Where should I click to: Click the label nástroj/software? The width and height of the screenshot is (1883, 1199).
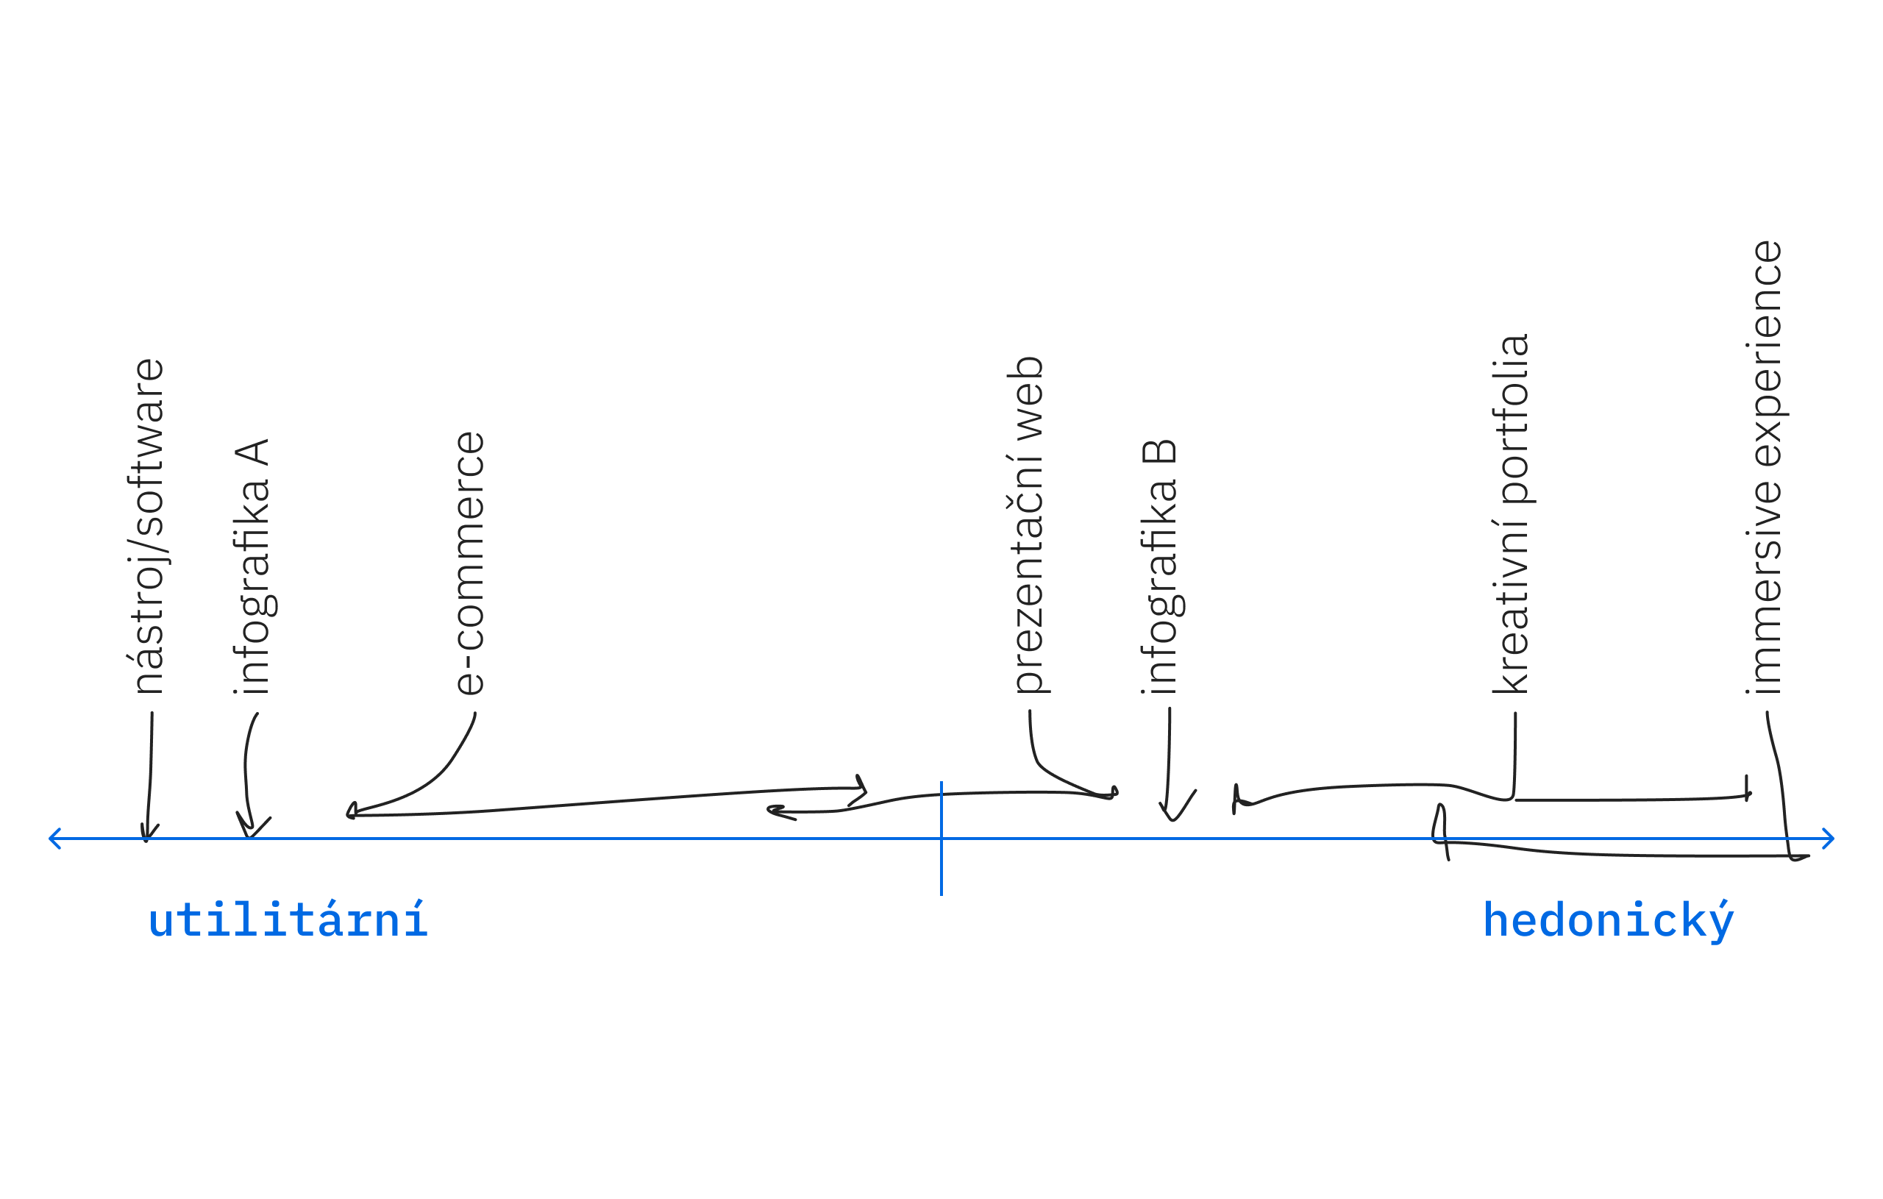click(149, 526)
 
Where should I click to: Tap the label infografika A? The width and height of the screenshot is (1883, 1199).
click(252, 566)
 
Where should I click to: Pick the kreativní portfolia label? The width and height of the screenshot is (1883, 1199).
click(1512, 514)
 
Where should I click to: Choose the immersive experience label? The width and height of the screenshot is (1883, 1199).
click(1767, 467)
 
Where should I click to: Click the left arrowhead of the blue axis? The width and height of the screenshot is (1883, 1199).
click(54, 839)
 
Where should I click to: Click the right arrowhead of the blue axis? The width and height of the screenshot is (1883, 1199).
click(1828, 839)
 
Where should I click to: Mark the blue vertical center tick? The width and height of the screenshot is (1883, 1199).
click(941, 839)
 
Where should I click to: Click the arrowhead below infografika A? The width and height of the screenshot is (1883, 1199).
click(250, 828)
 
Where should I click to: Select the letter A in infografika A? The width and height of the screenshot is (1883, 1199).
click(252, 453)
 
